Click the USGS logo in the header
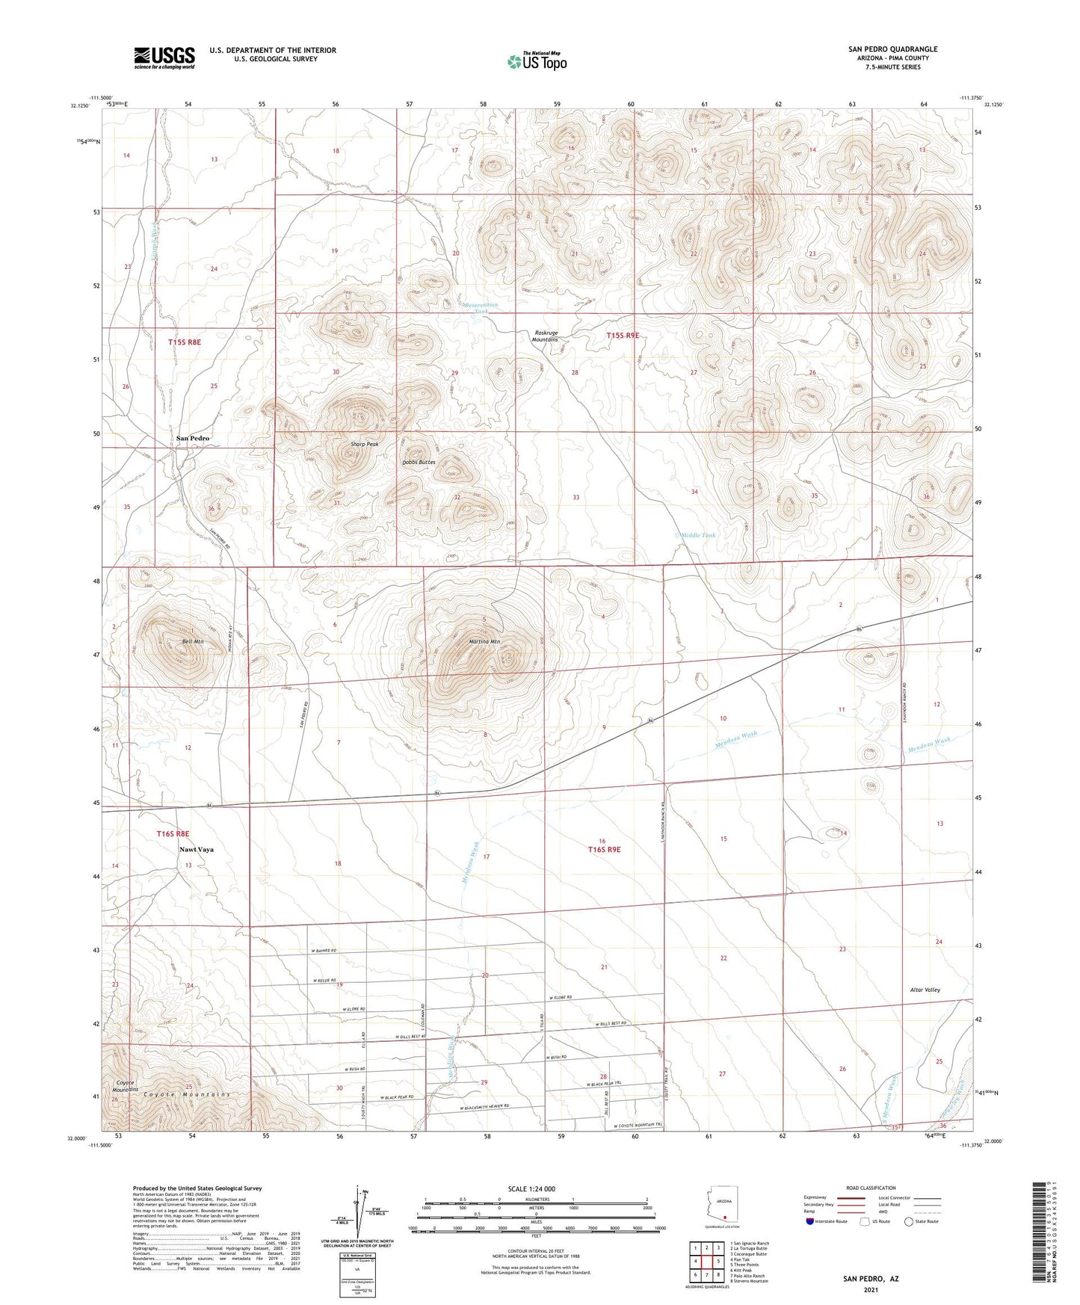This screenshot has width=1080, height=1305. pos(164,57)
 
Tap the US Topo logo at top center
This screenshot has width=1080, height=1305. pos(537,61)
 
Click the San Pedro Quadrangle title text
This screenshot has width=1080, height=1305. pos(892,49)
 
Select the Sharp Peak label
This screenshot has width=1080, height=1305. pos(365,444)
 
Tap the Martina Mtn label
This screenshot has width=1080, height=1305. pos(484,641)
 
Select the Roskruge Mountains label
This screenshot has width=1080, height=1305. pos(545,336)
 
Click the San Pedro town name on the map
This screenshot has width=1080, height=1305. pos(193,438)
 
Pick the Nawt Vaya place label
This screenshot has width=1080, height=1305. pos(197,850)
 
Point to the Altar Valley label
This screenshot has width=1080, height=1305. pos(926,990)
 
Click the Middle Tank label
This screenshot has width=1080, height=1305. pos(699,535)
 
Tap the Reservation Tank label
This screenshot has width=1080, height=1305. pos(480,309)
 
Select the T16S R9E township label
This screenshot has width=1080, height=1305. pos(604,850)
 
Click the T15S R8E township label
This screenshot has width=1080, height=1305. pos(185,342)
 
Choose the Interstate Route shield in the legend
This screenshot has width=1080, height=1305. pos(811,1222)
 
